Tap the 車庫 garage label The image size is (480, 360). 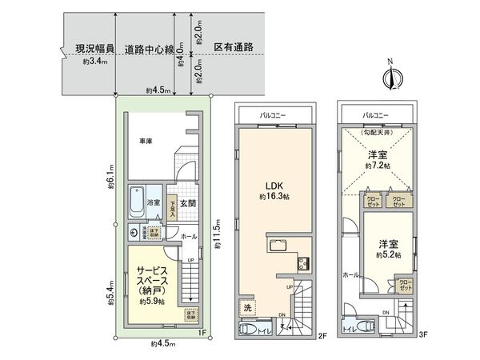click(145, 142)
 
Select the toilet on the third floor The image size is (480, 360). click(364, 326)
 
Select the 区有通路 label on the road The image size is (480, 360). click(234, 47)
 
